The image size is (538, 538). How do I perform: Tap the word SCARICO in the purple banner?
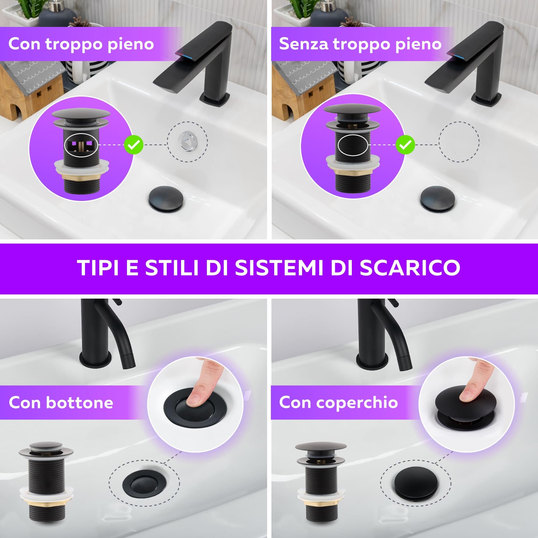click(409, 268)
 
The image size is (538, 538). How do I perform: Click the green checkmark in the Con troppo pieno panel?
click(133, 145)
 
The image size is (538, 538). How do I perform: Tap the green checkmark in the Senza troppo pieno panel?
click(405, 145)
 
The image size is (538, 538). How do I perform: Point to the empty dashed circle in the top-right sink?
click(459, 142)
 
